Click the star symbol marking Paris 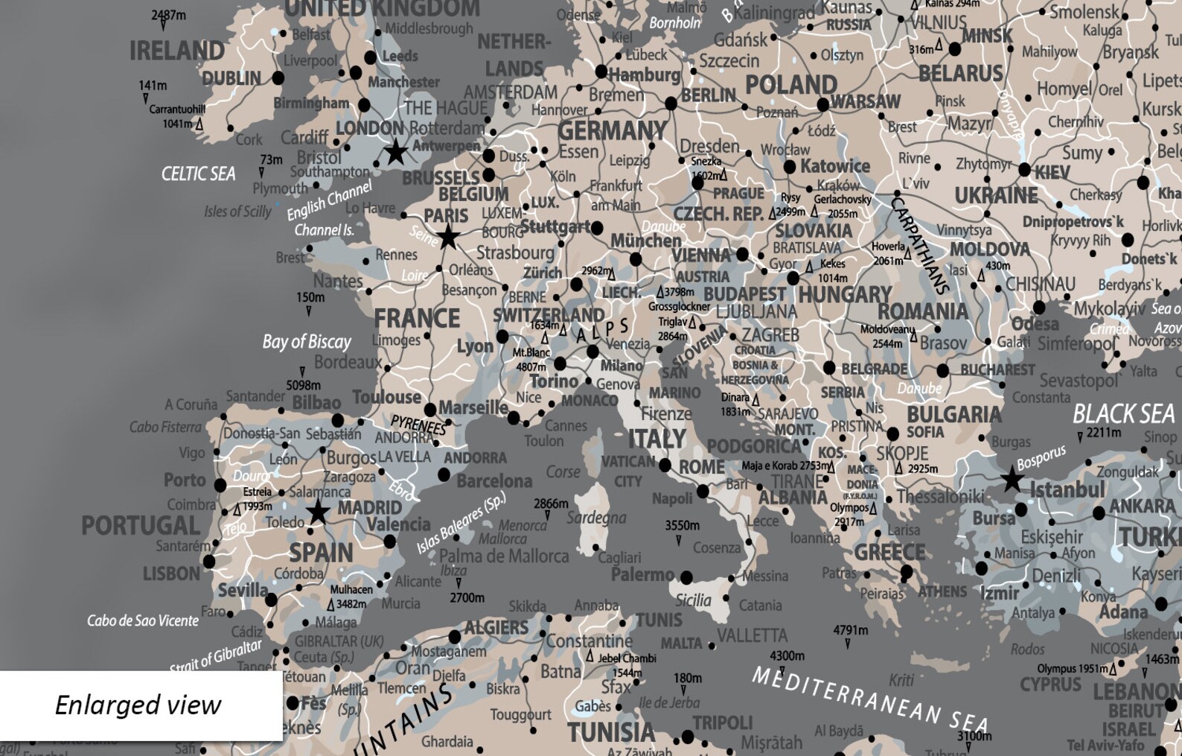click(x=448, y=238)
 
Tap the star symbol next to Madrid click(x=319, y=512)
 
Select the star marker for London click(x=395, y=152)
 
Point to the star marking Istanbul click(x=1012, y=480)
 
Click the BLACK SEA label click(x=1122, y=413)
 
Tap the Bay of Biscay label click(x=306, y=342)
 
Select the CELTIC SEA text click(x=198, y=174)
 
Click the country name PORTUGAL click(x=140, y=526)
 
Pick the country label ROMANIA click(x=922, y=311)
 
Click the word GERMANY click(x=612, y=131)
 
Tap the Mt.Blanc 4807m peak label click(x=531, y=360)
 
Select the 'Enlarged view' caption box click(x=140, y=705)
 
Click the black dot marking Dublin click(x=278, y=77)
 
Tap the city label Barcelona click(x=494, y=481)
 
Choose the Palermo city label click(x=642, y=574)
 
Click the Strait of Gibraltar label click(x=216, y=655)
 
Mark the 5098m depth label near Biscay click(x=303, y=385)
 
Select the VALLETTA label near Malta click(x=752, y=635)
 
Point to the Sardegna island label click(x=596, y=517)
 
